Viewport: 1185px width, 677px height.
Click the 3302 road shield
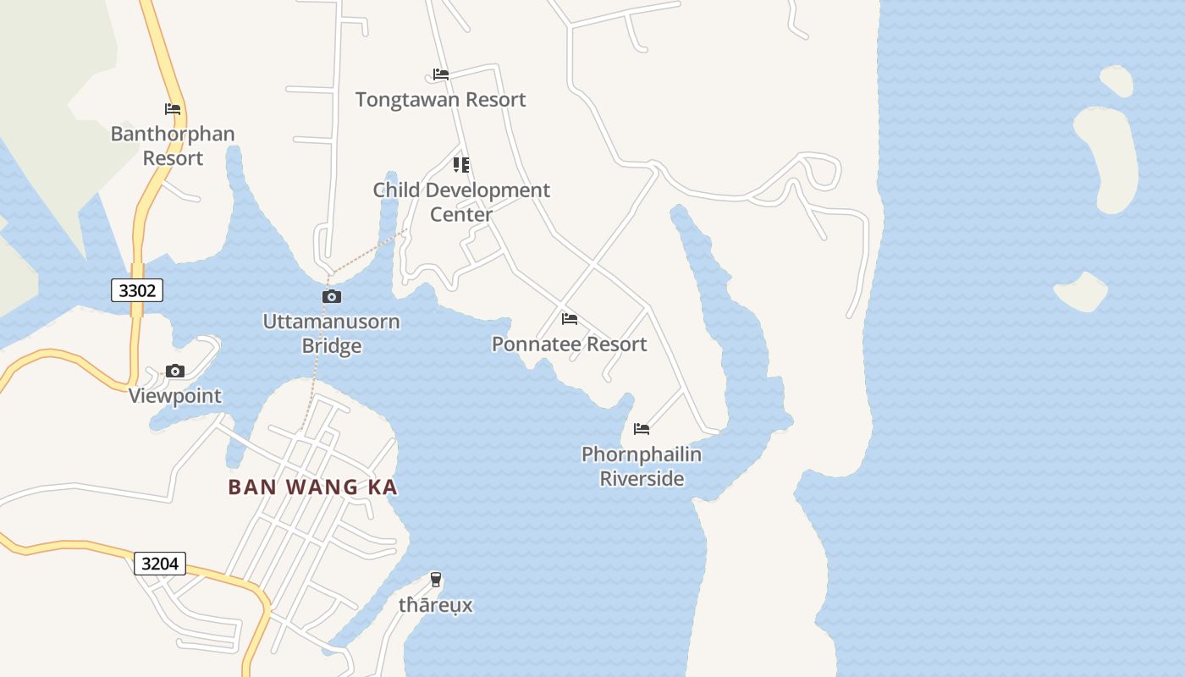click(x=137, y=290)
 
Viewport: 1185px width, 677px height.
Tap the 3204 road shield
click(x=159, y=563)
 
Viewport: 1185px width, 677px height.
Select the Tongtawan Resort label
click(x=440, y=99)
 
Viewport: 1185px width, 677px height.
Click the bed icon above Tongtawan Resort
click(x=440, y=74)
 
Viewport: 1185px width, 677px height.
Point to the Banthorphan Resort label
click(x=173, y=146)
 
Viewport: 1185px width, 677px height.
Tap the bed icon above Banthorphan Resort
click(x=173, y=109)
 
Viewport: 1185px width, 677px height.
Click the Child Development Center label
click(x=461, y=201)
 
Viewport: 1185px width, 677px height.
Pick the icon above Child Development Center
click(x=461, y=164)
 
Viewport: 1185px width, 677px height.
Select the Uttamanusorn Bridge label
click(x=332, y=333)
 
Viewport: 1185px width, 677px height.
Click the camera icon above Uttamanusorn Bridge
click(x=332, y=296)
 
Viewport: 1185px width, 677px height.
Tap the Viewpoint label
click(x=175, y=395)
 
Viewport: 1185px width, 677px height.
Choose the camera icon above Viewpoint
click(x=175, y=371)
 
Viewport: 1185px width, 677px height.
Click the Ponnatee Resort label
click(x=569, y=344)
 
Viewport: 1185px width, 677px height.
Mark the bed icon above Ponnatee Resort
click(x=570, y=319)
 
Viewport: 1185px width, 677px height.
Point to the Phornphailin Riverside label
click(x=642, y=466)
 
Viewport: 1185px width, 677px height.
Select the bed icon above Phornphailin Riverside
click(x=642, y=429)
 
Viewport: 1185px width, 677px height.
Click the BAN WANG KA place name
click(x=312, y=487)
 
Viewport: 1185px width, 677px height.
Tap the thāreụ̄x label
click(x=436, y=605)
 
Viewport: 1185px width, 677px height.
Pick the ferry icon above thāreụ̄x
click(x=436, y=580)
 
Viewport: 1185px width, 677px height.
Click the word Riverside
click(x=642, y=478)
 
